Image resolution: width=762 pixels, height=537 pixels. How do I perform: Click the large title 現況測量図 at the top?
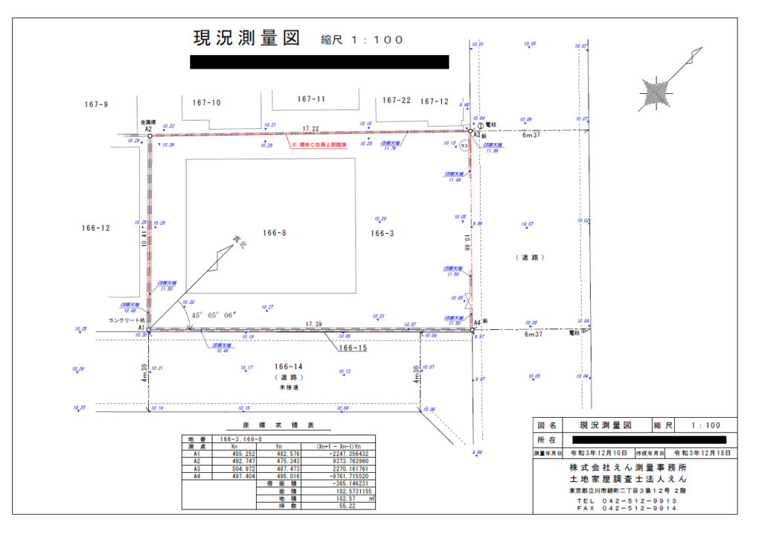click(246, 39)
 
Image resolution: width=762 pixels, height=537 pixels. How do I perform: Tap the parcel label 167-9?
click(96, 105)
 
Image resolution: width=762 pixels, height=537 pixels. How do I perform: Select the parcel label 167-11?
click(311, 99)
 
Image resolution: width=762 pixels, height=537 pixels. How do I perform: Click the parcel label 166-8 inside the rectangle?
click(275, 232)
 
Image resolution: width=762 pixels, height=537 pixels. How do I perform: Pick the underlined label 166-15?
click(353, 348)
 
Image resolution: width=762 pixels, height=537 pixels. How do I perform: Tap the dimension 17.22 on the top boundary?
click(310, 129)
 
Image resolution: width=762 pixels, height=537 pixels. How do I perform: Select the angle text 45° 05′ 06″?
click(214, 315)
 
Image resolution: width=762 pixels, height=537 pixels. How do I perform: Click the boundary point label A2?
click(148, 129)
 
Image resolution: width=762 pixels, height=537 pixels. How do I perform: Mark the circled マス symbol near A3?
click(464, 145)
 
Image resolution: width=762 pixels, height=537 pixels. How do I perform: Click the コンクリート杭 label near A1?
click(123, 320)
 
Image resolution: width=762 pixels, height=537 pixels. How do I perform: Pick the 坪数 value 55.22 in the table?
click(347, 506)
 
